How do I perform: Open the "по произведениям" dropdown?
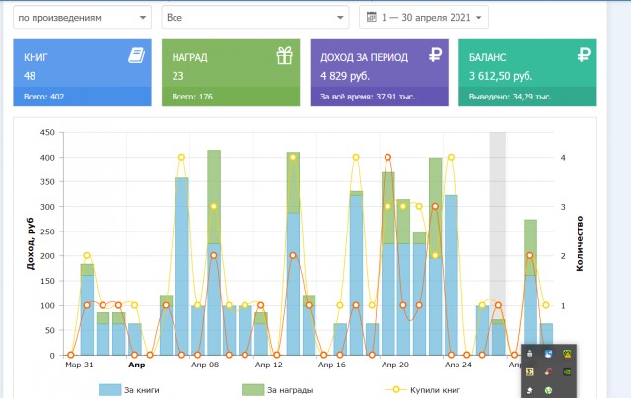click(82, 18)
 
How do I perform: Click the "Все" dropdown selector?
click(255, 18)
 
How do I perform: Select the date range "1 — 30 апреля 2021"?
click(426, 18)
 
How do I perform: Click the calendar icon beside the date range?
click(372, 17)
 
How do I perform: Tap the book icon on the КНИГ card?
click(137, 55)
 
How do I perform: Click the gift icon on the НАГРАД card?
click(285, 55)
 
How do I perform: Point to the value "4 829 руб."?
click(345, 76)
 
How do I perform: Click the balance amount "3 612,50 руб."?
click(501, 76)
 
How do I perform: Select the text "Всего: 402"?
click(43, 97)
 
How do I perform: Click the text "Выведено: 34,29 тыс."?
click(511, 97)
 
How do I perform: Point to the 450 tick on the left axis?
click(47, 132)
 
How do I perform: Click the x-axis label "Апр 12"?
click(269, 365)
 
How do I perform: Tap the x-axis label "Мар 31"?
click(79, 365)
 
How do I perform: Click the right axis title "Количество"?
click(580, 243)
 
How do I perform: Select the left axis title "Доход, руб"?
click(31, 243)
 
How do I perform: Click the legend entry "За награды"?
click(277, 389)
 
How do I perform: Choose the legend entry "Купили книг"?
click(423, 389)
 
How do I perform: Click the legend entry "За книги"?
click(129, 389)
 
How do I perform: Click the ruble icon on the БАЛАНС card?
click(584, 54)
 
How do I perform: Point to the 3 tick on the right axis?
click(563, 207)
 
